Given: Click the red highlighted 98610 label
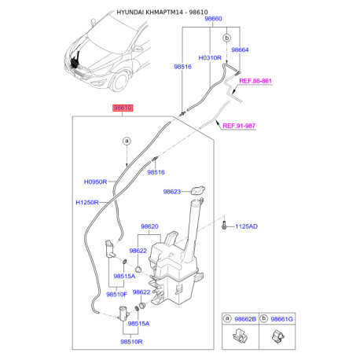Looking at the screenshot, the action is click(x=123, y=108).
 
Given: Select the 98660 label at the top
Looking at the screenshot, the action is click(x=213, y=19).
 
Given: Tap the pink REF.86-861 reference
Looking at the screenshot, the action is click(x=255, y=81).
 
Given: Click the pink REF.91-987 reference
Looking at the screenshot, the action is click(x=239, y=126).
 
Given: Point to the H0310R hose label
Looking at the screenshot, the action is click(x=210, y=57).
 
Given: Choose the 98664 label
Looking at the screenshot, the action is click(x=240, y=50).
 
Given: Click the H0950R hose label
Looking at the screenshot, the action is click(x=95, y=182).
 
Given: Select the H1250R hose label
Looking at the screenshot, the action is click(x=87, y=203).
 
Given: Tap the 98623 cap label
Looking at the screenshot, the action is click(x=172, y=192).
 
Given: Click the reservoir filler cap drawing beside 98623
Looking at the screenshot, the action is click(x=198, y=190).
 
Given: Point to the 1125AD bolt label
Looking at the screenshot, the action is click(x=246, y=226).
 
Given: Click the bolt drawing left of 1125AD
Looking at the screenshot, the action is click(x=223, y=226).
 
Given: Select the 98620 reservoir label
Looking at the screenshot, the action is click(x=149, y=226).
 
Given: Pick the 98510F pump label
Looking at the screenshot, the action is click(x=116, y=295).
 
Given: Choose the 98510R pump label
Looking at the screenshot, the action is click(x=131, y=342).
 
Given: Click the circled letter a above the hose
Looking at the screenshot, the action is click(x=127, y=141).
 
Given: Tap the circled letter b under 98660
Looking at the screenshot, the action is click(x=227, y=38).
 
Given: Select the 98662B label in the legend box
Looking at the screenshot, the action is click(x=245, y=319).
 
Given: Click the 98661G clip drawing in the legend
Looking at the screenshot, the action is click(x=277, y=336).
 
